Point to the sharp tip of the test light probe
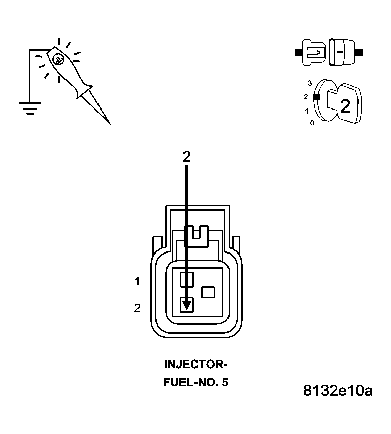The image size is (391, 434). (109, 123)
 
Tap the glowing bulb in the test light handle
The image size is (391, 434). (58, 58)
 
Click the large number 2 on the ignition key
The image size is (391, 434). (345, 106)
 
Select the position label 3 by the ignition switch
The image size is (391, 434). (310, 83)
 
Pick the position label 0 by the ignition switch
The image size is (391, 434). (312, 123)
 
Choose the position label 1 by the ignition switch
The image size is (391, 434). (306, 111)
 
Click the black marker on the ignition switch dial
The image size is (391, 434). (316, 96)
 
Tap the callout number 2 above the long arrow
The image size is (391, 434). (186, 157)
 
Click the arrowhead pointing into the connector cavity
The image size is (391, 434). (187, 304)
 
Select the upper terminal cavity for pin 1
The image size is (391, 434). (187, 278)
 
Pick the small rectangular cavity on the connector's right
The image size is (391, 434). (208, 292)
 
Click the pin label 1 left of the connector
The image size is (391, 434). (137, 281)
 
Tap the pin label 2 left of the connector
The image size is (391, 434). (137, 308)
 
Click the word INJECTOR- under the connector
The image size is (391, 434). (195, 364)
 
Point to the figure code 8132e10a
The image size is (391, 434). (337, 391)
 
